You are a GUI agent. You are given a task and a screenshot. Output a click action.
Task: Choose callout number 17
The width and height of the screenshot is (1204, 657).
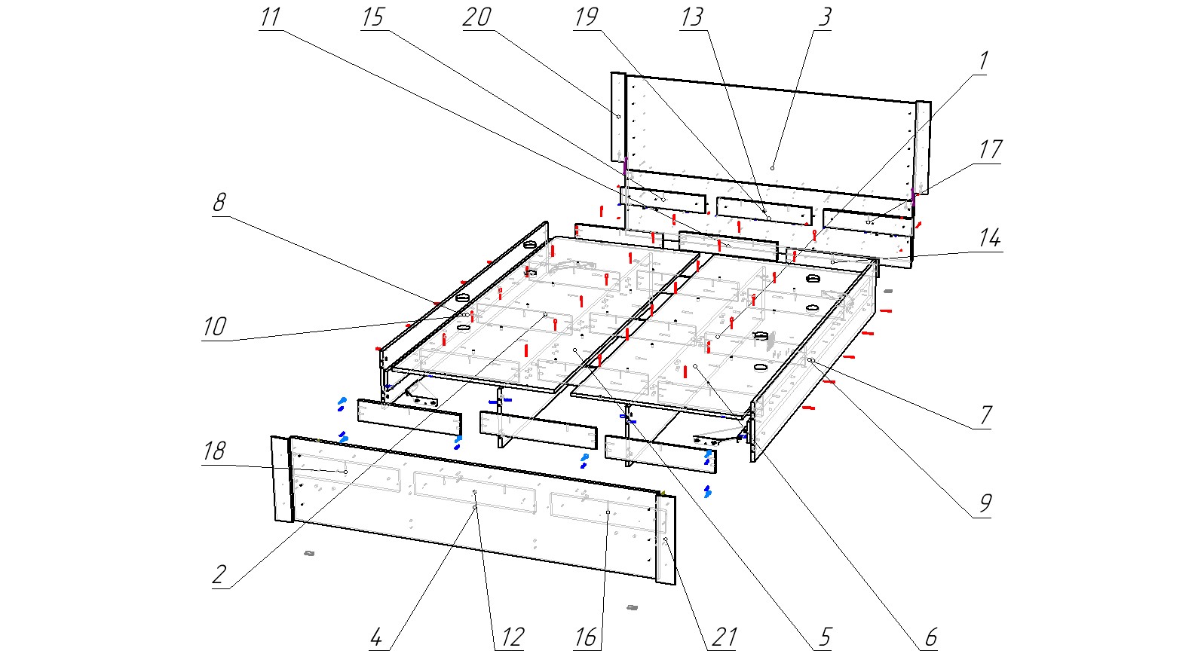tap(989, 149)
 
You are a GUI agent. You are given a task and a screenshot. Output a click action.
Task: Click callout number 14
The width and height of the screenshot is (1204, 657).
tap(989, 239)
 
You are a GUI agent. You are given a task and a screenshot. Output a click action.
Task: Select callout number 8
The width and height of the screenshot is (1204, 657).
tap(219, 203)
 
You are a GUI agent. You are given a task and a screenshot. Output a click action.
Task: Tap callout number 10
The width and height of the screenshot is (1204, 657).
tap(214, 327)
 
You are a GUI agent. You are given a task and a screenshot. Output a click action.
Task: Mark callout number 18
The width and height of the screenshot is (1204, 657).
tap(214, 451)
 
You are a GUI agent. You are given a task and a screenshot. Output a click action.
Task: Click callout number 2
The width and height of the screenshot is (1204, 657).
tap(219, 575)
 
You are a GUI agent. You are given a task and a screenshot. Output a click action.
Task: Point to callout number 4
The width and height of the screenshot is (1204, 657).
tap(377, 637)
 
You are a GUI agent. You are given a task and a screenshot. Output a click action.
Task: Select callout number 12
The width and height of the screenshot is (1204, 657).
tap(512, 637)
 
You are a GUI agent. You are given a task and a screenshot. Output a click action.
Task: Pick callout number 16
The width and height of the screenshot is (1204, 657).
tap(586, 637)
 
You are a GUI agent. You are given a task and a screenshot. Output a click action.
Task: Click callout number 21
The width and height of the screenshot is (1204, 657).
tap(724, 637)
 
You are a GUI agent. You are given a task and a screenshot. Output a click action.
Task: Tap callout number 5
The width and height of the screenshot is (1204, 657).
tap(823, 637)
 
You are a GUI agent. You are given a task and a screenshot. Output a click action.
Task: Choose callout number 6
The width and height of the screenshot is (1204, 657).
tap(930, 637)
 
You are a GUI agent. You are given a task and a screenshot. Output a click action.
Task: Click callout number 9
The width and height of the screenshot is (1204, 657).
tap(985, 503)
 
